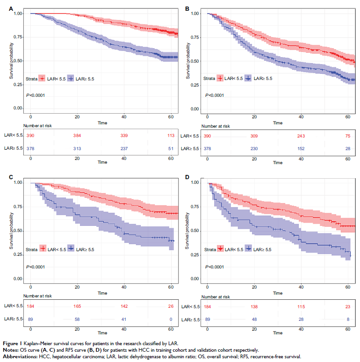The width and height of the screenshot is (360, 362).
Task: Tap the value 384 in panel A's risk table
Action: pyautogui.click(x=77, y=136)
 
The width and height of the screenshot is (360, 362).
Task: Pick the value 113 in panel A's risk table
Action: pyautogui.click(x=171, y=136)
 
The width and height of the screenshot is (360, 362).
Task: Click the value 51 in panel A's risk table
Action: pyautogui.click(x=171, y=148)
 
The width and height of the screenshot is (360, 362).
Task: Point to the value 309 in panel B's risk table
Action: pyautogui.click(x=254, y=136)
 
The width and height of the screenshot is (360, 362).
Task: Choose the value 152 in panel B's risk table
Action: pyautogui.click(x=301, y=148)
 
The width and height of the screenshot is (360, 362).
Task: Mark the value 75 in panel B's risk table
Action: pyautogui.click(x=348, y=136)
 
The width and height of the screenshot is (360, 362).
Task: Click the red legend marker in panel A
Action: pyautogui.click(x=42, y=78)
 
